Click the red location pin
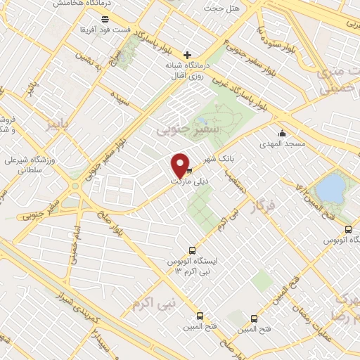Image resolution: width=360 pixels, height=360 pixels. click(x=180, y=165)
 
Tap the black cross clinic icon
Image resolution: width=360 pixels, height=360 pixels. click(x=187, y=55)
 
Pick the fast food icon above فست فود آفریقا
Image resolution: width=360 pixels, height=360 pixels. click(x=105, y=19)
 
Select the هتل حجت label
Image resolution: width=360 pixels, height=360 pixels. click(x=218, y=8)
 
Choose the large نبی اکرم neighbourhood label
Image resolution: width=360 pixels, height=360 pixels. click(x=150, y=302)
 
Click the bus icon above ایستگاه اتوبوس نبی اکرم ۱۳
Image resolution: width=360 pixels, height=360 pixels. click(x=193, y=250)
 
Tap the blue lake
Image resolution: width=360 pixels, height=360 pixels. click(x=330, y=188)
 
